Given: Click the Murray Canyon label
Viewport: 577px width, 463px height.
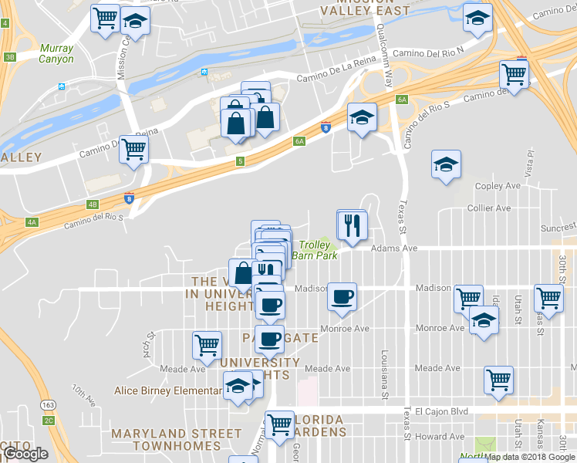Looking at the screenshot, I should tap(57, 54).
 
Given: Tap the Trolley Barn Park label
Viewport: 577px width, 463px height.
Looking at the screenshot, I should tap(319, 250).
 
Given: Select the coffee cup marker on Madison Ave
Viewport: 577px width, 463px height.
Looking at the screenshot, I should tap(342, 296).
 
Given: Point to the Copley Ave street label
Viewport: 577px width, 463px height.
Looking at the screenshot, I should tap(499, 186).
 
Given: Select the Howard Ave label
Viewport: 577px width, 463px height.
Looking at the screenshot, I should tap(440, 437).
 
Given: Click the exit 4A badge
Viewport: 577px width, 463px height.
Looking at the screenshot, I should tap(32, 221).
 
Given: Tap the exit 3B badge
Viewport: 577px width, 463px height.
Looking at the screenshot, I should tap(9, 56).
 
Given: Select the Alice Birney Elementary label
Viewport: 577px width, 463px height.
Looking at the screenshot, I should tap(168, 390).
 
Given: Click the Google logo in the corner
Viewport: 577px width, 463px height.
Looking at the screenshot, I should tap(25, 453).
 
